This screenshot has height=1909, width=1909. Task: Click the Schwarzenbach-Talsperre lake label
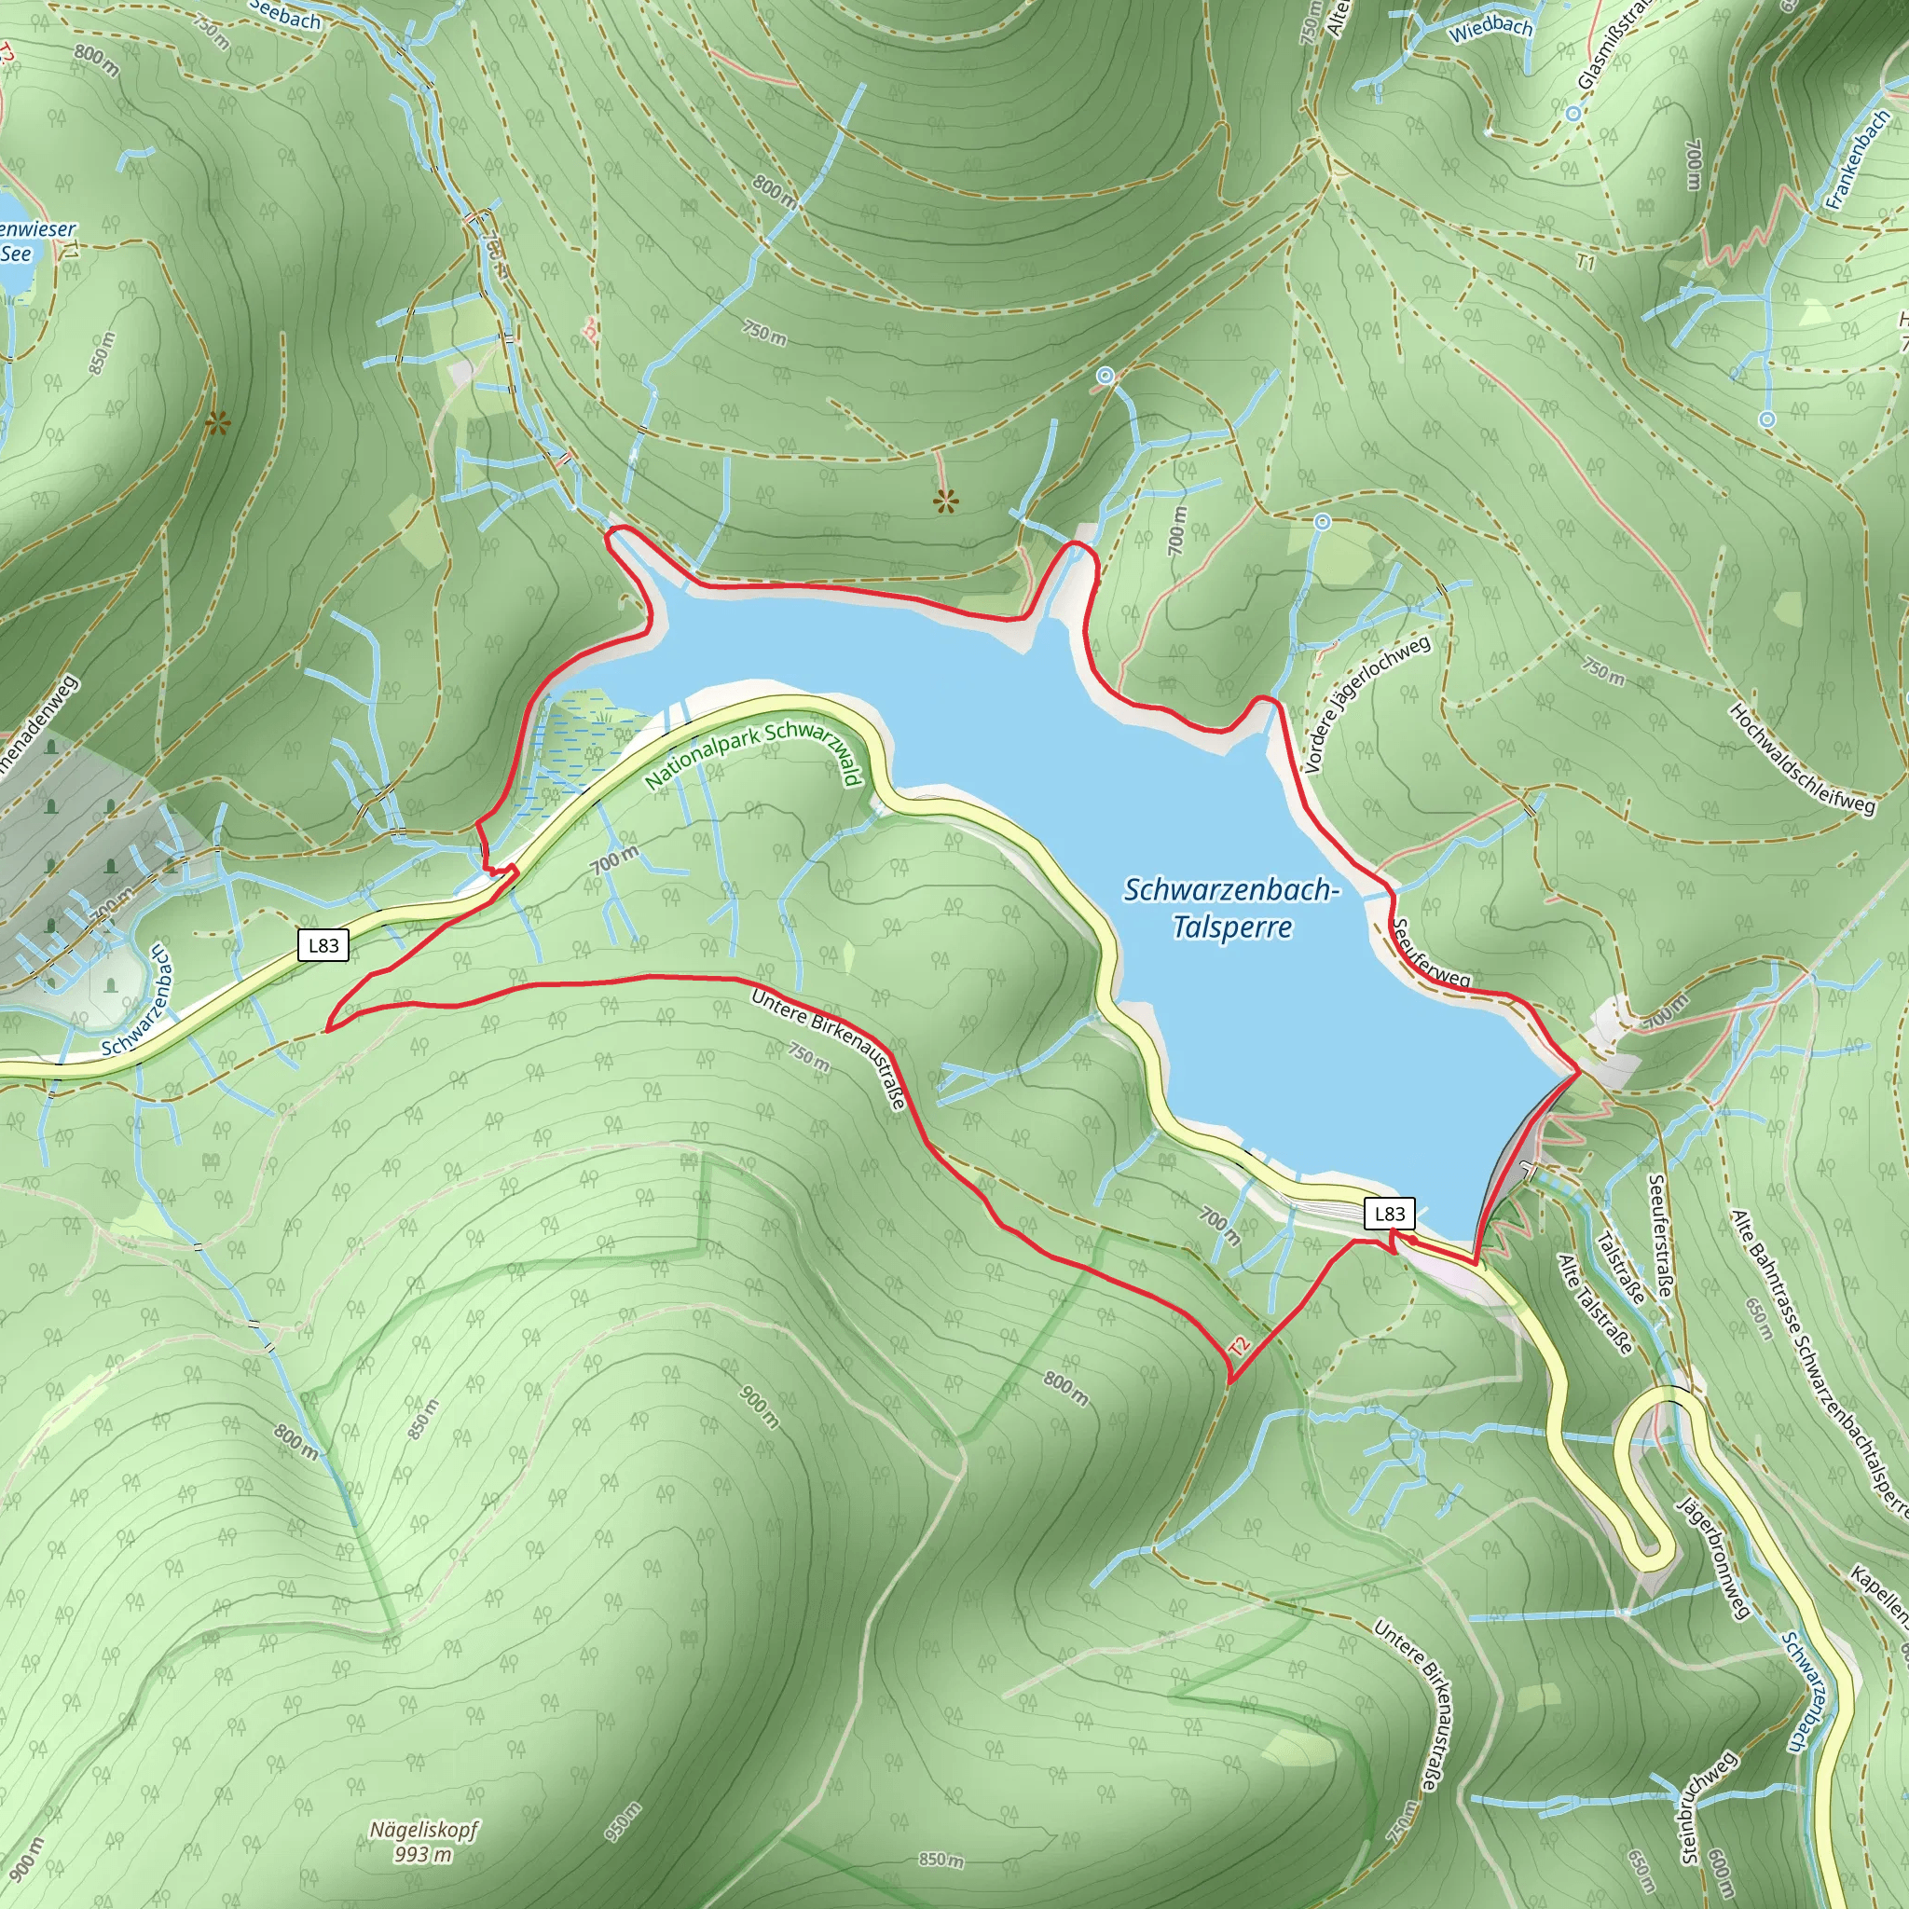1231,908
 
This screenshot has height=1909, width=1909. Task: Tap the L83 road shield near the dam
1388,1215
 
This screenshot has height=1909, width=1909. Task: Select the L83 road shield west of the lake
323,945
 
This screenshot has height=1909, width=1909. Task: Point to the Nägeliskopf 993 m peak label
423,1842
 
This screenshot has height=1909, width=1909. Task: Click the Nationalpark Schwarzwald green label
753,754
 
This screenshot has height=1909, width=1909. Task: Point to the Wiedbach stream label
1490,29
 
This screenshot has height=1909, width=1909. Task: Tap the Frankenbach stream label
1858,159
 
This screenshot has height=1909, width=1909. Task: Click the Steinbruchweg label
1709,1808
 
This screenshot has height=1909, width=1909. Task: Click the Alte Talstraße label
1594,1303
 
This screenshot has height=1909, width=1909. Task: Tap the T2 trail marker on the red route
1239,1346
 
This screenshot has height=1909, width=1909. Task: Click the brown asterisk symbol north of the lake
945,503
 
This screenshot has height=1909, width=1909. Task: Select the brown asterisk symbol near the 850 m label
217,426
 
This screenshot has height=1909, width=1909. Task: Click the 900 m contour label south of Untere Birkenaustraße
760,1406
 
